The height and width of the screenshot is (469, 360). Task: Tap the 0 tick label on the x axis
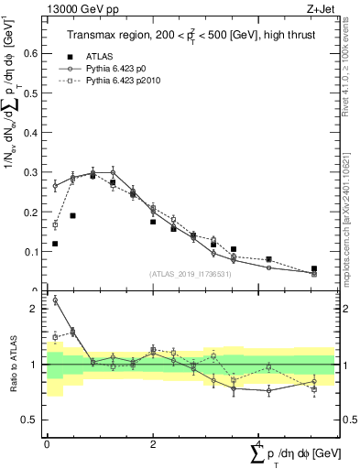[x=47, y=444]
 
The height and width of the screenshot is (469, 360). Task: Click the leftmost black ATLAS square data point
[x=55, y=244]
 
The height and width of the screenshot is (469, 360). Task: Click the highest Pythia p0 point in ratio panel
[x=55, y=300]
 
